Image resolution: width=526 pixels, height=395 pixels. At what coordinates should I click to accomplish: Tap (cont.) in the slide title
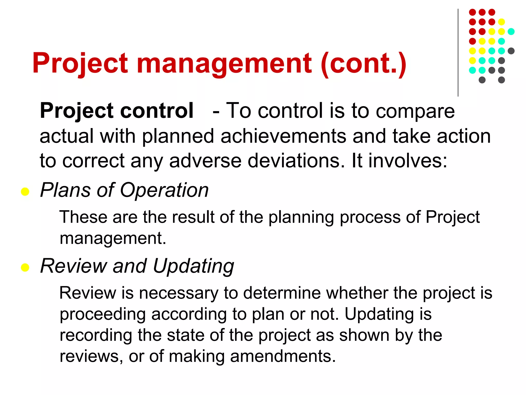(x=363, y=63)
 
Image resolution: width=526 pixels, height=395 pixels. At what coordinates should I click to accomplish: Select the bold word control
(x=157, y=111)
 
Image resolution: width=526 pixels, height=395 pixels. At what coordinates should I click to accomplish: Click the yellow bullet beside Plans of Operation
(x=25, y=192)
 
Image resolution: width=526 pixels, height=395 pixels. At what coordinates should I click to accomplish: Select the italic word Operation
(x=164, y=190)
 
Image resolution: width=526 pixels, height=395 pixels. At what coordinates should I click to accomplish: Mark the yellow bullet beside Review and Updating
(x=25, y=267)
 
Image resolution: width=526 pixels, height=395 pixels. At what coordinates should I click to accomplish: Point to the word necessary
(x=179, y=293)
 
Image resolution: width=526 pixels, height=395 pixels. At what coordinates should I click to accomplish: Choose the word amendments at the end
(x=283, y=356)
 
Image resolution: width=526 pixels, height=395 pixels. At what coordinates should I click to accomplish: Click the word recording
(x=96, y=336)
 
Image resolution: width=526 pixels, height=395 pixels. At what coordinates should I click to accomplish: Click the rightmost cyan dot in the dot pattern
(x=511, y=32)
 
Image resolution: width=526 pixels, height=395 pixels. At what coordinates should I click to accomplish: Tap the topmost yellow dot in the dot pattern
(x=501, y=22)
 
